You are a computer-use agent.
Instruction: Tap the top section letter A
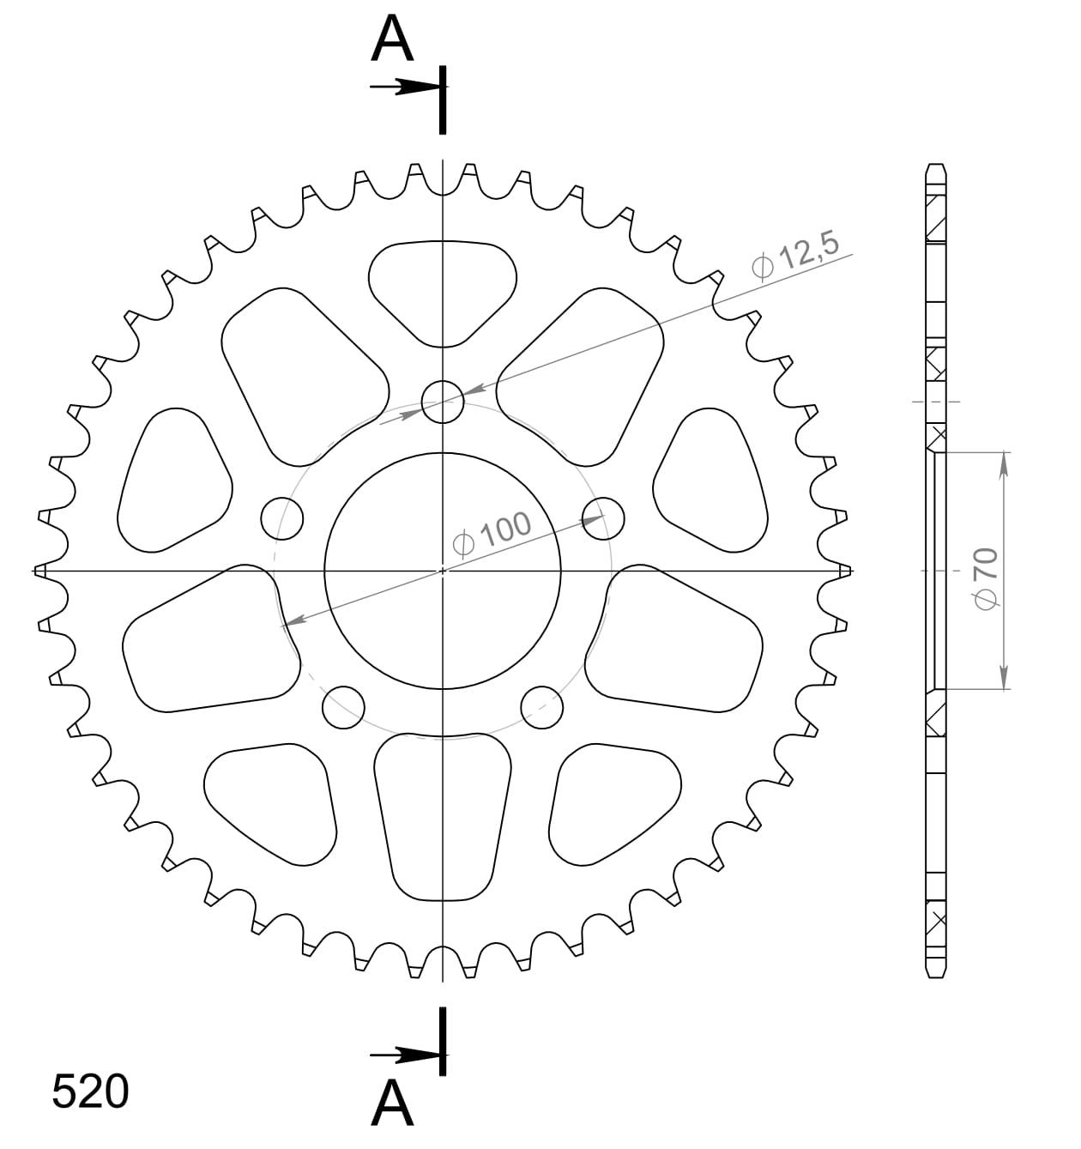point(392,40)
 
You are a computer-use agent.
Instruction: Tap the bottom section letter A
point(392,1103)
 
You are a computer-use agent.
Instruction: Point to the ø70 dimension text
point(986,578)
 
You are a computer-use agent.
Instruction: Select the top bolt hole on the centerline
point(443,401)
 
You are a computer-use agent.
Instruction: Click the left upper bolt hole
point(282,517)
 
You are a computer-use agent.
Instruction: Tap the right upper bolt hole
point(603,517)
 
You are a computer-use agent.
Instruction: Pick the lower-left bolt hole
point(343,706)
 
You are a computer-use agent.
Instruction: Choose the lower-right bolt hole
point(542,706)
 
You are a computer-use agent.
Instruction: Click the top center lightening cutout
point(443,287)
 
